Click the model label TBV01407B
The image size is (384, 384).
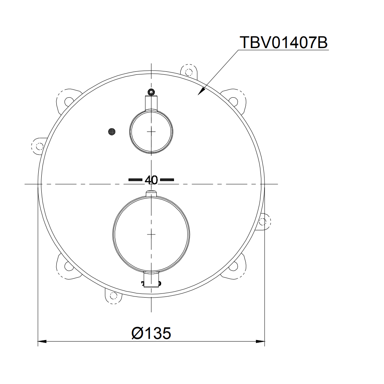click(283, 43)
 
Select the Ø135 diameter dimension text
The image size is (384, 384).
click(151, 333)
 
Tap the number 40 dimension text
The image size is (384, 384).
click(151, 180)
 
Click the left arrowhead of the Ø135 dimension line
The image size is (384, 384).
click(41, 341)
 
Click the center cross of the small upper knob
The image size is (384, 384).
click(151, 132)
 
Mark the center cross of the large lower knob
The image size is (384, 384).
click(151, 234)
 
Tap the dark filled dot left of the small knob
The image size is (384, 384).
click(112, 131)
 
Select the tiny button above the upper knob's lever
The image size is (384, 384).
click(151, 91)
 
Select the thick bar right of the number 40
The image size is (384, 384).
click(167, 180)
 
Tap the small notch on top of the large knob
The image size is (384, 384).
click(151, 194)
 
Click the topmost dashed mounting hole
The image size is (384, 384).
click(187, 71)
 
